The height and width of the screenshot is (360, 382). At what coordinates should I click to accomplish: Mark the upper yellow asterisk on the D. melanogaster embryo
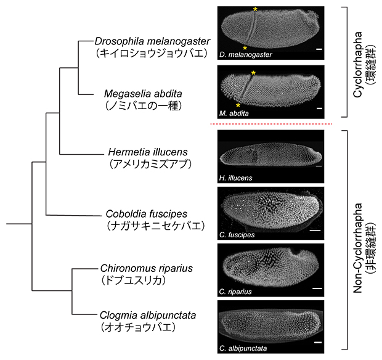(254, 10)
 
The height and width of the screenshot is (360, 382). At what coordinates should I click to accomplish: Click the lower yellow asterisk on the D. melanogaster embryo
(245, 47)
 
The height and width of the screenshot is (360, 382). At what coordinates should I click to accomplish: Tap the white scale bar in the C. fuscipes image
(314, 229)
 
